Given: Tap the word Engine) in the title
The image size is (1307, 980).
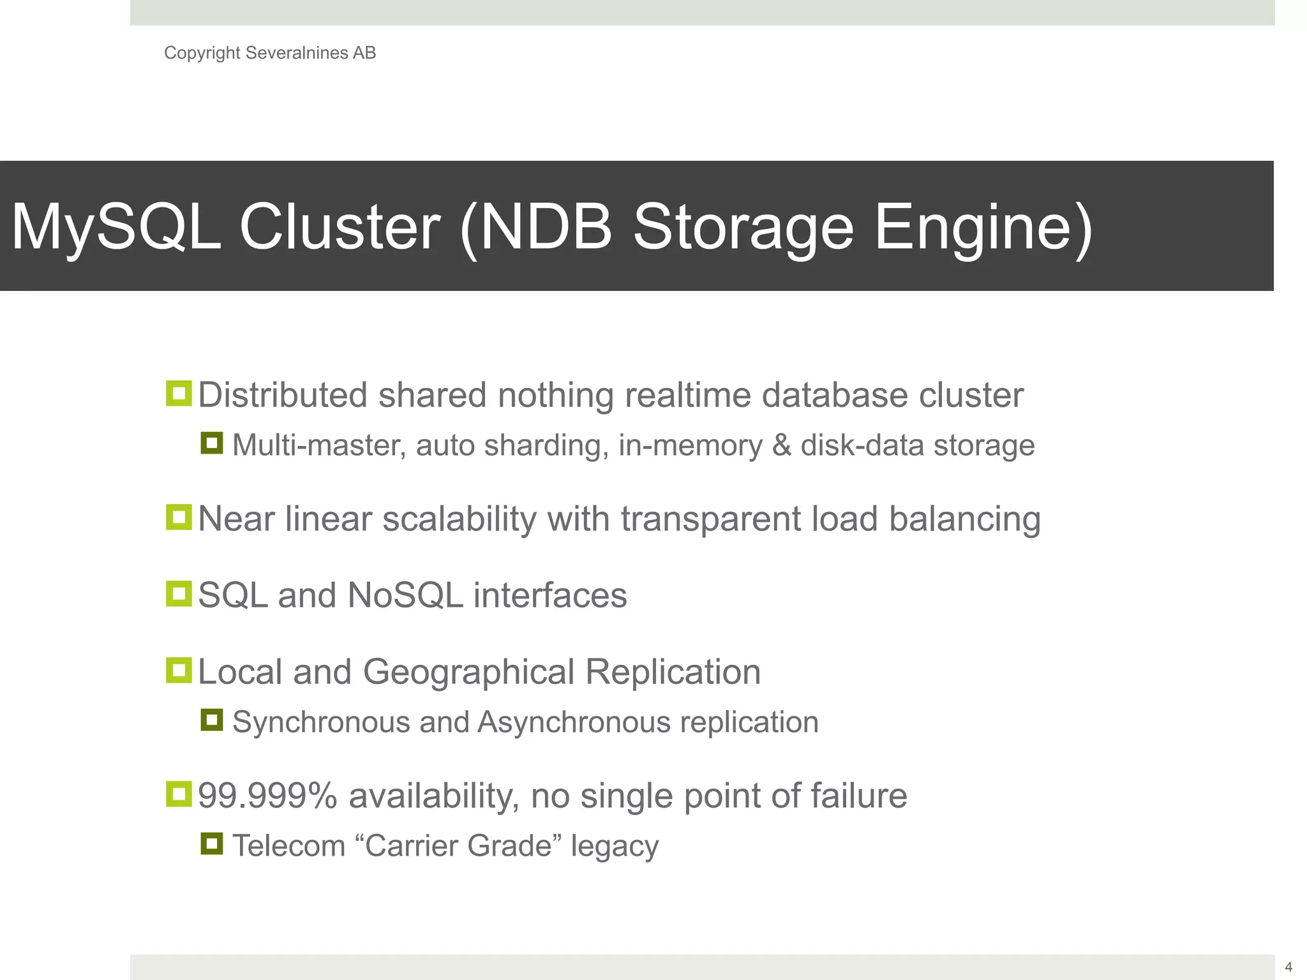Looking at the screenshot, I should tap(983, 227).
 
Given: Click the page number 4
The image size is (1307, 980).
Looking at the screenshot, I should tap(1288, 967).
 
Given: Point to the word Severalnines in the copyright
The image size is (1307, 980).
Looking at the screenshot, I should tap(296, 53).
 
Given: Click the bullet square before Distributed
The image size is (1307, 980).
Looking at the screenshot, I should tap(179, 394).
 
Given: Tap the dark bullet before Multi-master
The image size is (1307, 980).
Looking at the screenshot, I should tap(212, 443).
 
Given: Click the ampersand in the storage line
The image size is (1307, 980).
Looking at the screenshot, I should tap(781, 445).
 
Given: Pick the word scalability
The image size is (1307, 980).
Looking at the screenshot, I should tap(459, 519).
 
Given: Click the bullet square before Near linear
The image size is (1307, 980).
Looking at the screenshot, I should tap(179, 517).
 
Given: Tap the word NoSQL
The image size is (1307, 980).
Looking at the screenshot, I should tap(405, 595).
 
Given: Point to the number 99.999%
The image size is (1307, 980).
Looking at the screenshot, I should tap(267, 796).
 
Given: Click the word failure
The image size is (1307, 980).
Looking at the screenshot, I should tap(858, 796).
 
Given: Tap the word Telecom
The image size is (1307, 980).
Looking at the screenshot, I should tap(288, 846).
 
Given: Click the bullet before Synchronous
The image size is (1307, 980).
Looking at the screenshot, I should tap(212, 720).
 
